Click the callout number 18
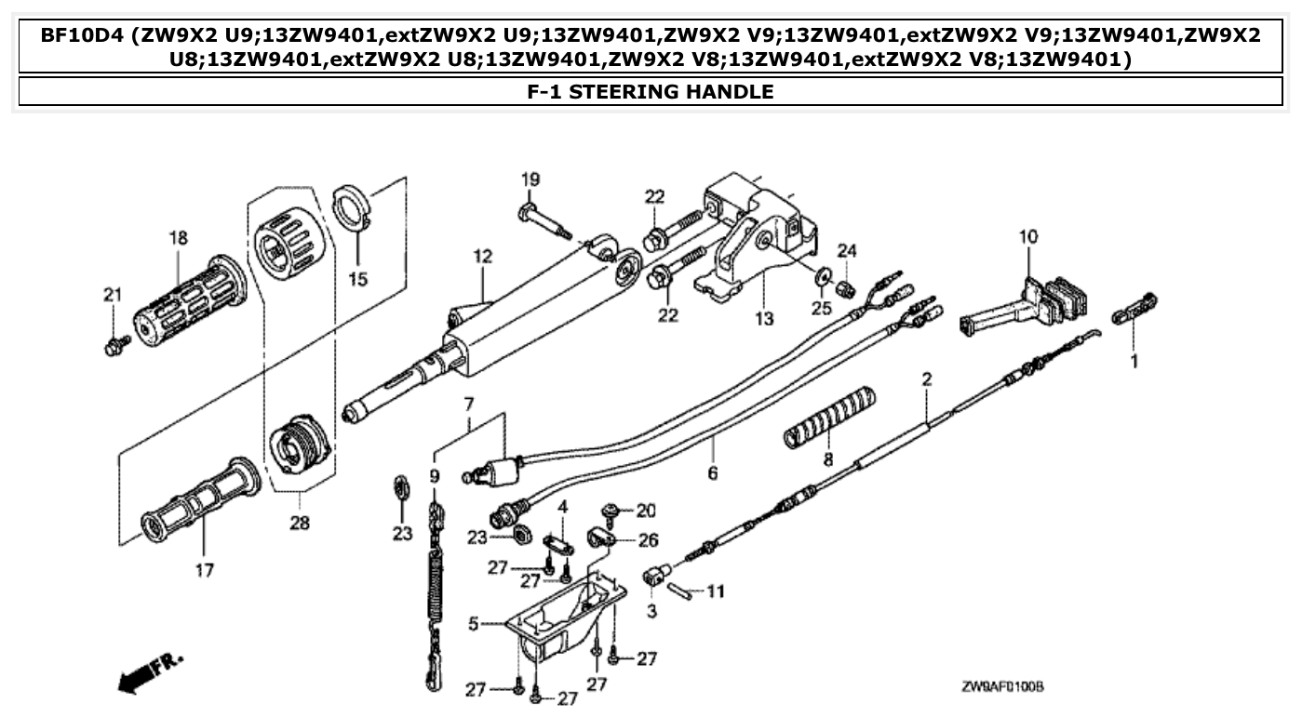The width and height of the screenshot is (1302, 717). (x=178, y=238)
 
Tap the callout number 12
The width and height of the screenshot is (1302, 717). (x=480, y=255)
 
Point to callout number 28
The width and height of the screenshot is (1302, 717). (x=299, y=524)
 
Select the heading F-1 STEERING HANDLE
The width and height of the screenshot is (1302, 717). (x=651, y=91)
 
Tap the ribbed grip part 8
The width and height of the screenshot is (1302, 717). (x=828, y=413)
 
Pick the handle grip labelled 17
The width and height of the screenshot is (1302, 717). (x=200, y=498)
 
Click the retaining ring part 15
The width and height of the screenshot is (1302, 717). (x=352, y=207)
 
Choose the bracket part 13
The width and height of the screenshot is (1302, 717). (x=754, y=242)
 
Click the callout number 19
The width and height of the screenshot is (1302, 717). (x=530, y=179)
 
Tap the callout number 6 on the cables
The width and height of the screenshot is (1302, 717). (x=713, y=473)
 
